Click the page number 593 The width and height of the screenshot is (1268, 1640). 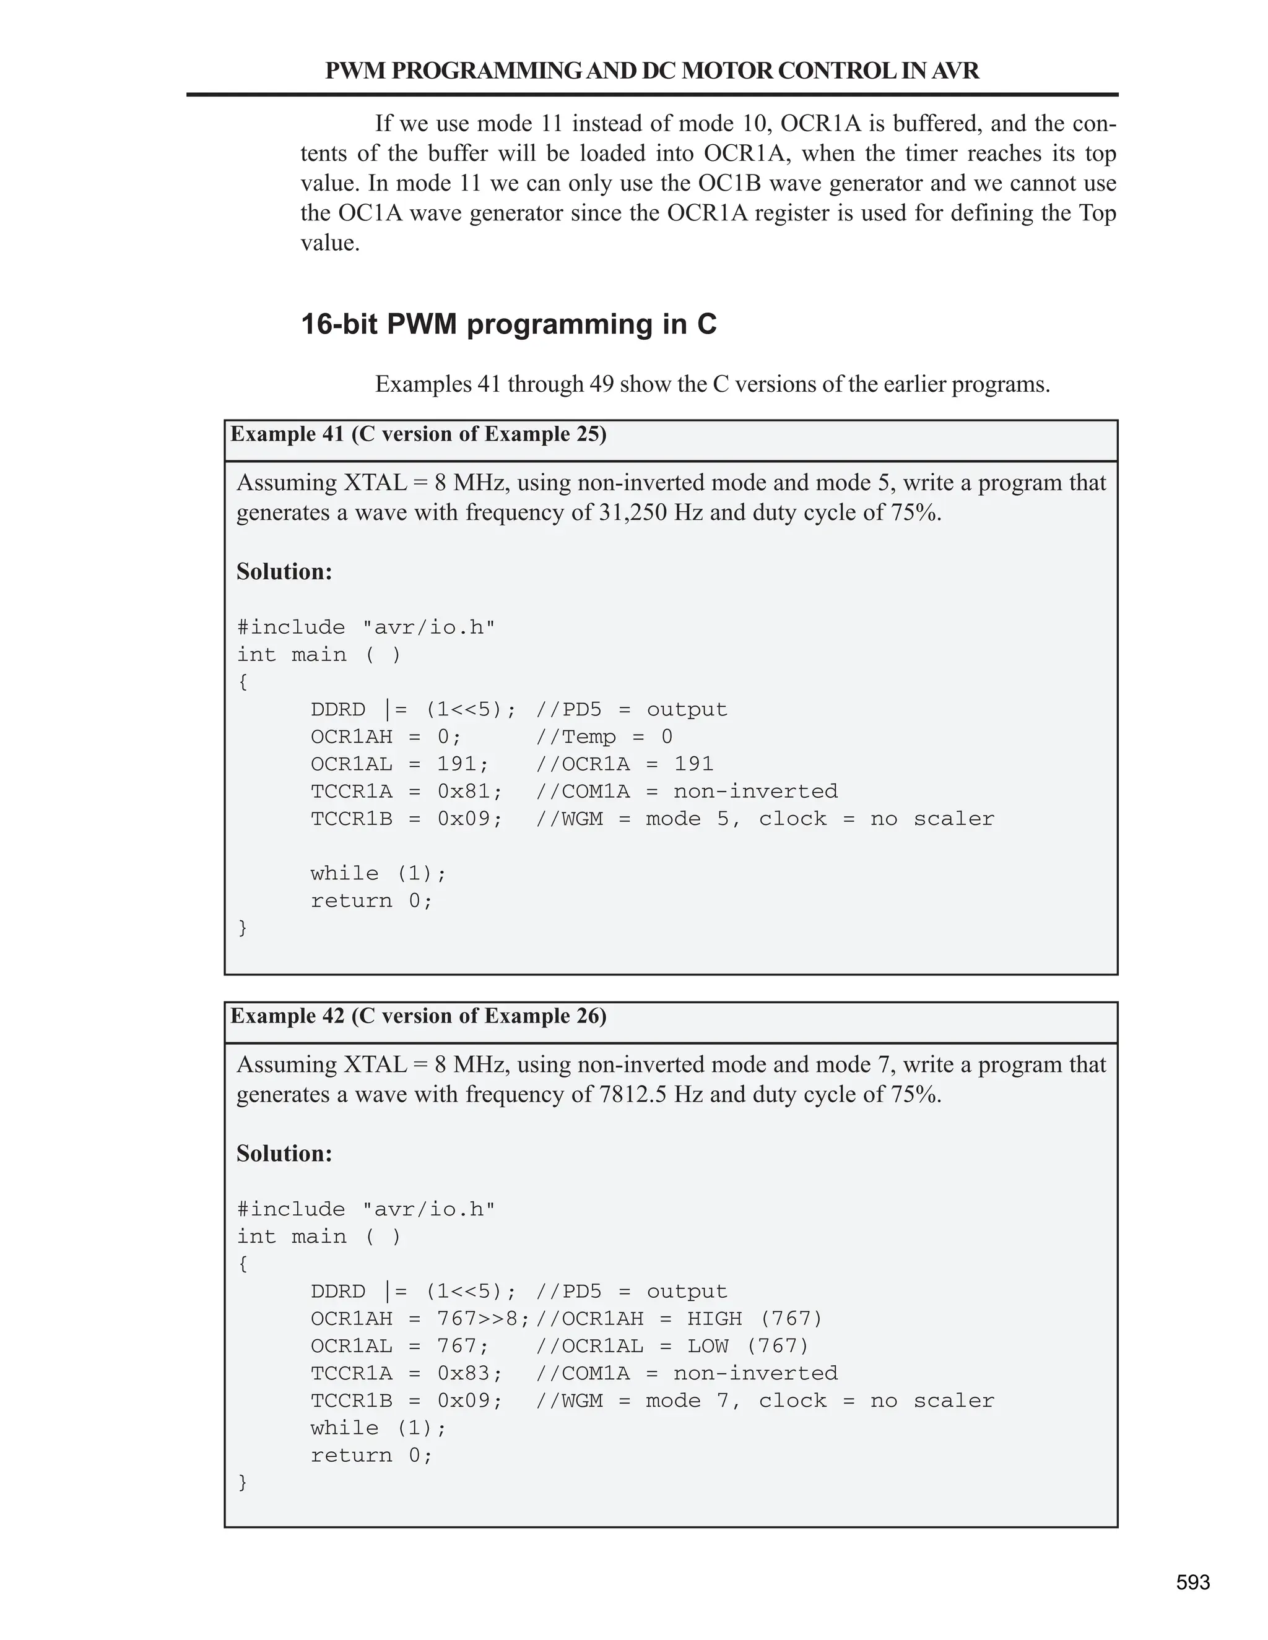(x=1193, y=1583)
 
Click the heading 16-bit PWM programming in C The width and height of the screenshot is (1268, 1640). (x=508, y=324)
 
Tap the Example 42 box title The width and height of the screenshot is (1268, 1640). (x=419, y=1017)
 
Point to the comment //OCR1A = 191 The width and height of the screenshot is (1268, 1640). (x=624, y=764)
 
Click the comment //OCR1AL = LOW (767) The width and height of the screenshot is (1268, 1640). (x=672, y=1347)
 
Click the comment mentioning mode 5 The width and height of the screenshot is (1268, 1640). (x=765, y=819)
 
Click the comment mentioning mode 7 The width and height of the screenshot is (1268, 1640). (x=765, y=1401)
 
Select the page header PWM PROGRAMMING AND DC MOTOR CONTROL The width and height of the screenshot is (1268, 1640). (x=651, y=71)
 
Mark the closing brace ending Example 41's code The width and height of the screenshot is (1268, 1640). (x=243, y=928)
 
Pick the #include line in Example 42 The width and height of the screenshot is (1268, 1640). (x=366, y=1210)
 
